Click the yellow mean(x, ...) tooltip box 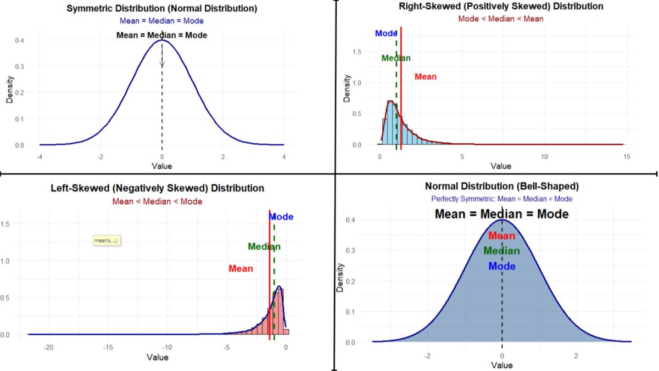click(106, 240)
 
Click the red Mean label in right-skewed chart click(425, 77)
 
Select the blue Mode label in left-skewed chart click(281, 217)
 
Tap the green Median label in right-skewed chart click(395, 58)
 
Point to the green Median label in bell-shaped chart click(501, 251)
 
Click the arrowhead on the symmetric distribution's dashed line click(162, 65)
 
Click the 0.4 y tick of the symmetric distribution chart click(19, 41)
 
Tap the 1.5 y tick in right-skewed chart click(358, 52)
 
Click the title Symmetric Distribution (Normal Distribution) click(161, 9)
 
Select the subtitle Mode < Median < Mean click(501, 19)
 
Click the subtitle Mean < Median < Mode click(157, 201)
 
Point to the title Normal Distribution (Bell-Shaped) click(501, 186)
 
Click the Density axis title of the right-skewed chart click(347, 88)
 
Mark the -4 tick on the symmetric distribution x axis click(40, 156)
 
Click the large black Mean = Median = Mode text click(501, 214)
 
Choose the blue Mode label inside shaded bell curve click(501, 266)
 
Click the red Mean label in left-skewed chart click(241, 268)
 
